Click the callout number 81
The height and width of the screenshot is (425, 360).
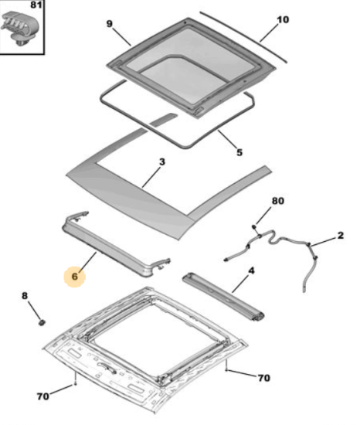point(36,5)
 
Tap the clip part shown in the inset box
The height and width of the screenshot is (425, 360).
point(20,28)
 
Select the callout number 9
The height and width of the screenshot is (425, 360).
point(109,24)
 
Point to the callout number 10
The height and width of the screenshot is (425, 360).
point(283,19)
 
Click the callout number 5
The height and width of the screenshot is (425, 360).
point(239,152)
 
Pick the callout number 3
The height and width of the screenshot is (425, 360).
point(162,161)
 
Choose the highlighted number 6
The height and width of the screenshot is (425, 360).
point(75,277)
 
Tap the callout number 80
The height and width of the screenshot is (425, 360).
point(278,201)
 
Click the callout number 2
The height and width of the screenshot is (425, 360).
point(341,235)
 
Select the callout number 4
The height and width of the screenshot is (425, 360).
point(252,270)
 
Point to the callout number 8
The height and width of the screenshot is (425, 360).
point(25,296)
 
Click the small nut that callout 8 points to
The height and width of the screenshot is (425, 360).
point(42,322)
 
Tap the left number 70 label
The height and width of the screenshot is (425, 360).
point(43,396)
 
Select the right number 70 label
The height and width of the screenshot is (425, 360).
point(264,378)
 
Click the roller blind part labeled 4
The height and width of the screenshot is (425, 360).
point(223,297)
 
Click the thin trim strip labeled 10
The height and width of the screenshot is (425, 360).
point(243,36)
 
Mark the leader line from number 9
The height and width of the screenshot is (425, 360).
point(121,37)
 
